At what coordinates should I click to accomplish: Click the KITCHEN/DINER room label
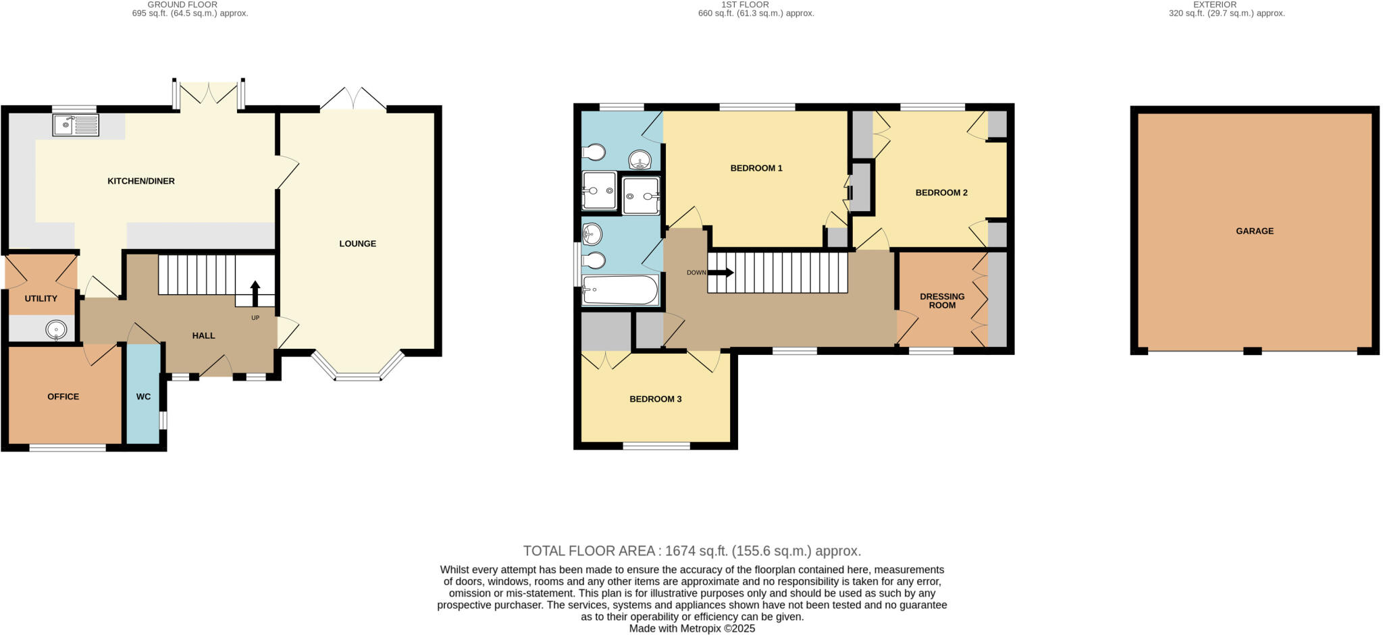pyautogui.click(x=141, y=181)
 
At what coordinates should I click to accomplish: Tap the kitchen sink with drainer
pyautogui.click(x=76, y=126)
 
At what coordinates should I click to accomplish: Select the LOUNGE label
pyautogui.click(x=357, y=244)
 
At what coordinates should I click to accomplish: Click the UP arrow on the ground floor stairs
pyautogui.click(x=255, y=294)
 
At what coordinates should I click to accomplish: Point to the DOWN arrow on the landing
pyautogui.click(x=720, y=273)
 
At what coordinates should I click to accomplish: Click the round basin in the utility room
pyautogui.click(x=56, y=330)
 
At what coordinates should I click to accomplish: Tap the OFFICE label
pyautogui.click(x=63, y=397)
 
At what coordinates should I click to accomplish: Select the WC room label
pyautogui.click(x=143, y=397)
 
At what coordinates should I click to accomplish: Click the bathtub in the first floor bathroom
pyautogui.click(x=620, y=290)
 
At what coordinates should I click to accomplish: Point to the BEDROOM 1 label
pyautogui.click(x=756, y=168)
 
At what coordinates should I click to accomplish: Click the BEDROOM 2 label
pyautogui.click(x=941, y=192)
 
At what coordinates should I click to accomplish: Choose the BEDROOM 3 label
pyautogui.click(x=655, y=399)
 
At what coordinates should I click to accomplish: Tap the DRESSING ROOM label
pyautogui.click(x=942, y=301)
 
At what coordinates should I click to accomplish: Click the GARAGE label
pyautogui.click(x=1254, y=231)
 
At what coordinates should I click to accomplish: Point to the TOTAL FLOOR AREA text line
pyautogui.click(x=691, y=551)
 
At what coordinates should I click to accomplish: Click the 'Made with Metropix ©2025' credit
pyautogui.click(x=691, y=628)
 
